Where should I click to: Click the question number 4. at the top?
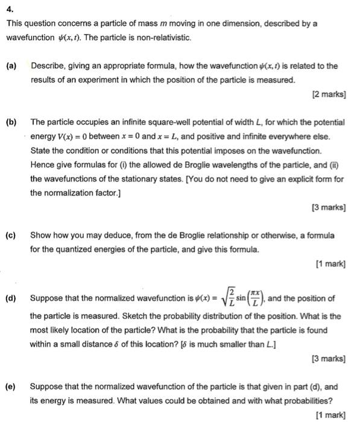pos(8,8)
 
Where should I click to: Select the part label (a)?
pos(11,66)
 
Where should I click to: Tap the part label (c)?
pos(11,234)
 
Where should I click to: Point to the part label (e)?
pos(11,386)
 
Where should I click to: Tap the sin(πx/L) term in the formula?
pos(247,298)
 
